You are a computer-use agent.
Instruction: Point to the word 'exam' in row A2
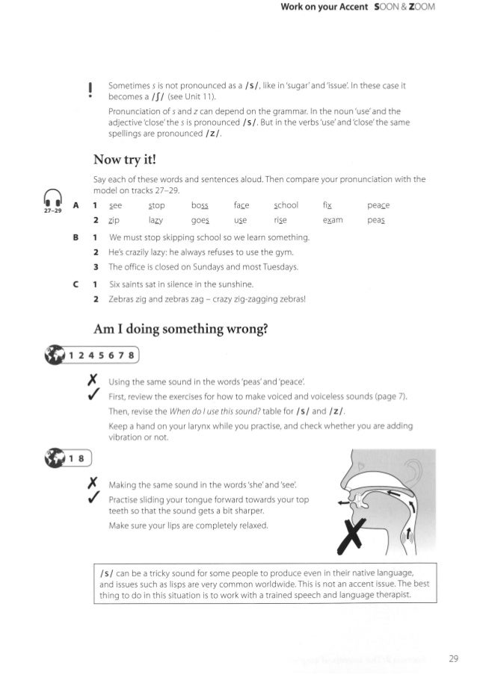(x=333, y=221)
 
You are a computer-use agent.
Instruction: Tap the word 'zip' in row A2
(x=114, y=221)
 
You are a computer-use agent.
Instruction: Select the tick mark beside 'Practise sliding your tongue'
(x=92, y=497)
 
